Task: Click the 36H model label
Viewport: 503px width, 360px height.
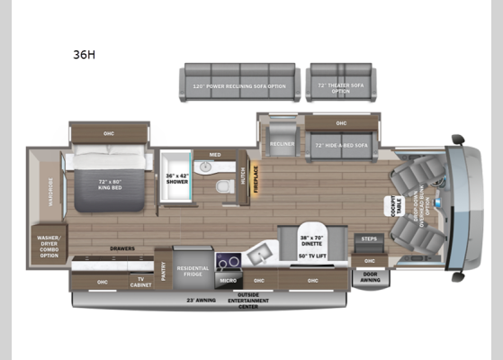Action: tap(84, 54)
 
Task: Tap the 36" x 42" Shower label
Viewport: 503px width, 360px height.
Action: tap(177, 177)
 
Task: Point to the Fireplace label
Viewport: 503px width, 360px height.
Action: tap(256, 180)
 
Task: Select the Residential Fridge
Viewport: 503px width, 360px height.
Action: tap(193, 269)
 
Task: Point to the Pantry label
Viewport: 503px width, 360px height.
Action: tap(163, 270)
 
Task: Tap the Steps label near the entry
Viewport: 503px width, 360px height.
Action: tap(368, 239)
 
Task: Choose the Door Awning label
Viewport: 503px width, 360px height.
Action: tap(370, 278)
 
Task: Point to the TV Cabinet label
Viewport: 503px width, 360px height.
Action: tap(140, 282)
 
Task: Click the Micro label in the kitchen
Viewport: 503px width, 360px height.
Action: tap(228, 280)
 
